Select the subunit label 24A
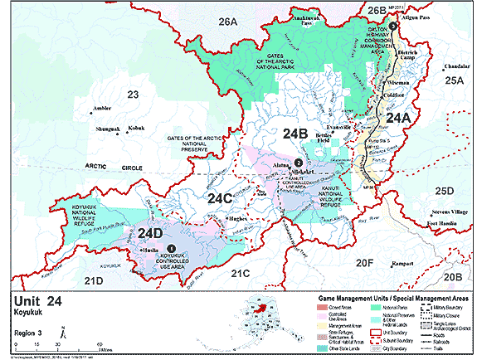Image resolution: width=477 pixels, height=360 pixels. (x=397, y=118)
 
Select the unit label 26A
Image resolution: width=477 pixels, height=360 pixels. (x=228, y=20)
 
